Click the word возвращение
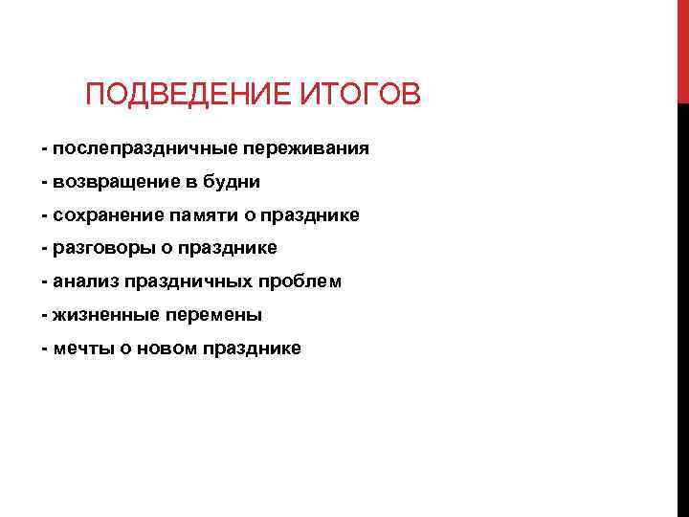click(x=114, y=182)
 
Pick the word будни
click(x=233, y=182)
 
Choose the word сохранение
click(x=106, y=215)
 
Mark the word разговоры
click(x=102, y=249)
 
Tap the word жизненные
click(x=103, y=315)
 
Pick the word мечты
click(x=83, y=348)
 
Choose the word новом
click(x=166, y=348)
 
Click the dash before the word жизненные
click(x=44, y=315)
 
